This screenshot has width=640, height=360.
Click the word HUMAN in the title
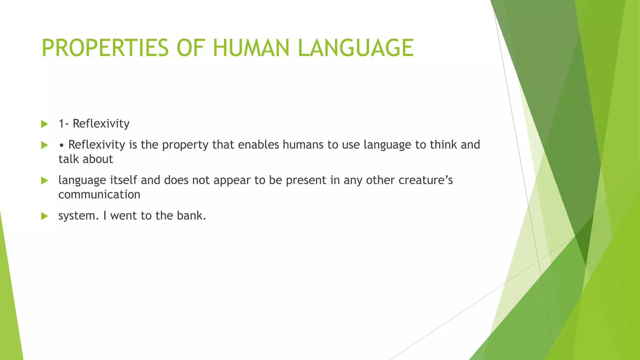pos(251,48)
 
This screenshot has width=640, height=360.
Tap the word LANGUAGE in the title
pos(356,48)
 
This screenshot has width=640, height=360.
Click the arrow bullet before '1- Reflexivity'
pos(45,124)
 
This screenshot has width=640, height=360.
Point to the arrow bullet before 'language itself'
pos(45,181)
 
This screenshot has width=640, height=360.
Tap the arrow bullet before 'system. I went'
pos(45,216)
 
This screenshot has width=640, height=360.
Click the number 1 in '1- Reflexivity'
pos(62,124)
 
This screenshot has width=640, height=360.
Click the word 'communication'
pos(99,195)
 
